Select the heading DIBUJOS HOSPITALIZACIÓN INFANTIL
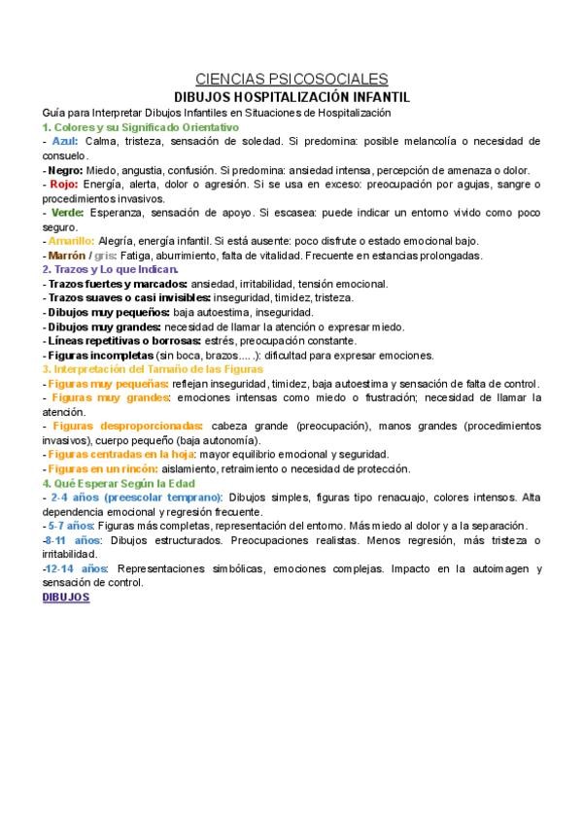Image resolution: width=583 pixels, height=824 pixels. [x=291, y=97]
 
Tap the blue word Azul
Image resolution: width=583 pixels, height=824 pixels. [x=64, y=141]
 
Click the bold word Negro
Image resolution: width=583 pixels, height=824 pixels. [x=65, y=169]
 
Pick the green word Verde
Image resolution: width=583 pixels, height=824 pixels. [x=67, y=212]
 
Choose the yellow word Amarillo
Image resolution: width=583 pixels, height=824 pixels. [x=71, y=240]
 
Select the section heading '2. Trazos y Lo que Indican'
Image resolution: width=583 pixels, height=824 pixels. [x=110, y=269]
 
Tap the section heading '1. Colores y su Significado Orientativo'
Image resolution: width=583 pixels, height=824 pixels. [x=140, y=127]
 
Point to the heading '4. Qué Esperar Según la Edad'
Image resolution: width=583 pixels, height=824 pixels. [x=119, y=483]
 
